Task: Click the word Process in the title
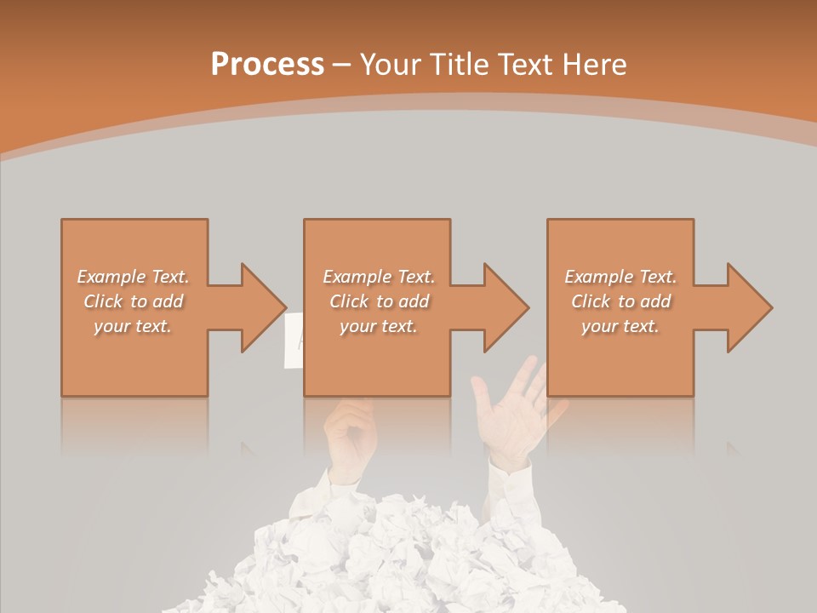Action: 267,65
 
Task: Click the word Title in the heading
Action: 460,65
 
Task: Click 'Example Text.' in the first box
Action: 133,277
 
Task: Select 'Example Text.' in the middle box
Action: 378,277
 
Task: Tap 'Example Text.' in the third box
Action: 620,277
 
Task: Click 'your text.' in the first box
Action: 133,326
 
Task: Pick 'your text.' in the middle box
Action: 378,326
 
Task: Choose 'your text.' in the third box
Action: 620,326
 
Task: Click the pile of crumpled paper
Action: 408,553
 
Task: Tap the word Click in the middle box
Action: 348,301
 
